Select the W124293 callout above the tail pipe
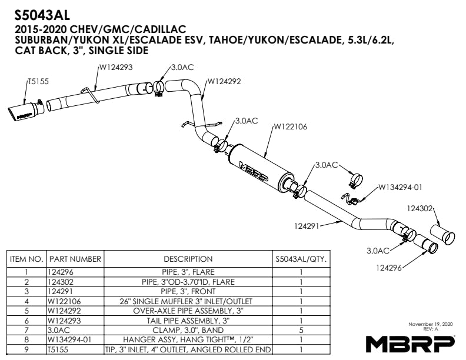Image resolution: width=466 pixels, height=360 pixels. point(115,68)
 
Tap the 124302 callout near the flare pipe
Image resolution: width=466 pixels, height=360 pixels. point(420,208)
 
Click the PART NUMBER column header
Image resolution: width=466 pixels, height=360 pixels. point(75,259)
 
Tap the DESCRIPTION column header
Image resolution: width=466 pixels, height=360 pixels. point(188,259)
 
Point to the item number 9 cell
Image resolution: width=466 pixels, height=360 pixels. point(26,349)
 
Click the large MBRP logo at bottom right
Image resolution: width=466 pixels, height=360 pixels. point(410,342)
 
